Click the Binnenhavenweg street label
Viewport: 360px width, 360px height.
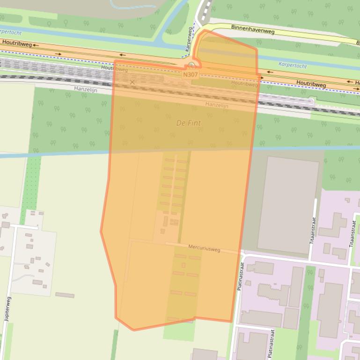(x=253, y=30)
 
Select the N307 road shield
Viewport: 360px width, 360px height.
(x=190, y=74)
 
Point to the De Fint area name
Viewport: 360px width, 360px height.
(x=188, y=123)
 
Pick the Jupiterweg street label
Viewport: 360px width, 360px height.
(x=8, y=309)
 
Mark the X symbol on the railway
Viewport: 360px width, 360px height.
(x=132, y=82)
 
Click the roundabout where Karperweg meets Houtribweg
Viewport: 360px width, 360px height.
(x=191, y=65)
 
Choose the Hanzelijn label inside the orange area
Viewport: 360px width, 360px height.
(x=217, y=105)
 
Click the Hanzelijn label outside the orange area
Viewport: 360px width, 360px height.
(x=86, y=89)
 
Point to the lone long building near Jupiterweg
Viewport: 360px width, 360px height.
(x=65, y=295)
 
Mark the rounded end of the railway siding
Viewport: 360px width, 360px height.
(x=312, y=101)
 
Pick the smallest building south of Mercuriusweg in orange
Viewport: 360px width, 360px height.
(x=184, y=265)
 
